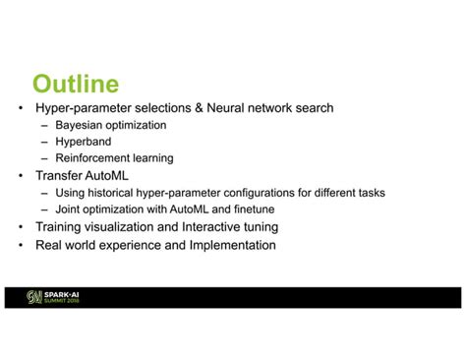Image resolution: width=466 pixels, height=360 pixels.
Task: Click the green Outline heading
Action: pos(75,84)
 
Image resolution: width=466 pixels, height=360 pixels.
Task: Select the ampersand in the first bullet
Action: pos(203,108)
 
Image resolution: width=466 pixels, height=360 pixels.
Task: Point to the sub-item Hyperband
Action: pos(84,142)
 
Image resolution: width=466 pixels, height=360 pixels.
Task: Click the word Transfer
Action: pos(59,175)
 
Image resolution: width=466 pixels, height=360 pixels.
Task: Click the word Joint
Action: pos(70,210)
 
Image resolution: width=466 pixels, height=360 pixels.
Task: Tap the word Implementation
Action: pos(232,245)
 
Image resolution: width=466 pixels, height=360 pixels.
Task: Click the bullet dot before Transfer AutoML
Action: pos(22,175)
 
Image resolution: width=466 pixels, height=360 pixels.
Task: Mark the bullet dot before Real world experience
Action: pos(22,245)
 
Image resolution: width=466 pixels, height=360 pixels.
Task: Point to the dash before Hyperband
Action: pos(45,142)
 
